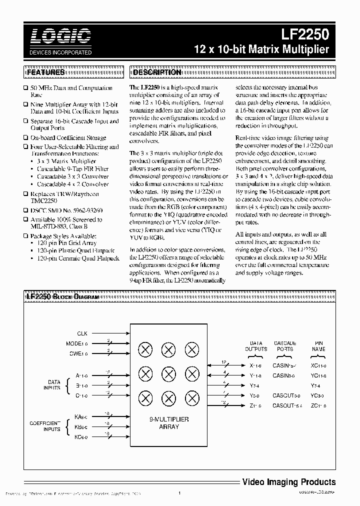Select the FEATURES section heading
point(45,72)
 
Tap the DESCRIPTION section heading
point(156,72)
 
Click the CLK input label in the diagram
point(82,333)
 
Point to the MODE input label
point(77,344)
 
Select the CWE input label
point(78,354)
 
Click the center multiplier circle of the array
point(167,373)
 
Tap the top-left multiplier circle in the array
point(145,350)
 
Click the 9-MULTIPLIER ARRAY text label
point(168,423)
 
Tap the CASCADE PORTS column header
point(284,346)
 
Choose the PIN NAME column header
point(318,346)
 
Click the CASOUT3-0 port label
point(287,395)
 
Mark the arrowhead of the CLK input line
point(127,333)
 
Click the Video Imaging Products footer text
point(288,482)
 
